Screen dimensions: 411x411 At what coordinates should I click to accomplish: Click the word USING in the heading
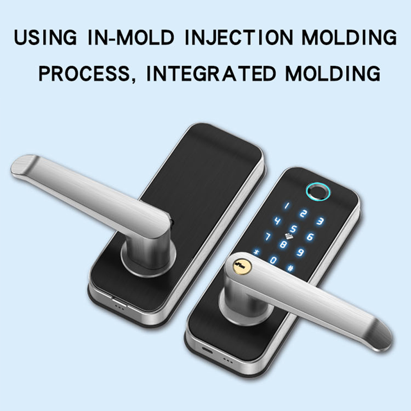tap(46, 37)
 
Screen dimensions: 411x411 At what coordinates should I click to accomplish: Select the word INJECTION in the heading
tap(239, 37)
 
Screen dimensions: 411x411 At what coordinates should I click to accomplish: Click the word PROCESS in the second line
tap(84, 74)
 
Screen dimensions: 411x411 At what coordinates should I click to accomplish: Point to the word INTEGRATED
tap(211, 74)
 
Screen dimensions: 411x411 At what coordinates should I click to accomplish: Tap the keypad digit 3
tap(319, 222)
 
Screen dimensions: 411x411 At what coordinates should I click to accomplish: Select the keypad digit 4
tap(277, 221)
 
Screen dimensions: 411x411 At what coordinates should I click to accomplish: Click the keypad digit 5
tap(294, 229)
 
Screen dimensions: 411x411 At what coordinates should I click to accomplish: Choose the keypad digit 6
tap(310, 237)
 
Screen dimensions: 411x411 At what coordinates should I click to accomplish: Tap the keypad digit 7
tap(268, 236)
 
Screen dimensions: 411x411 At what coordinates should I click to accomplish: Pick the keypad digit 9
tap(300, 252)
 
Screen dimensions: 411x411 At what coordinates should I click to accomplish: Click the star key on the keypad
tap(256, 252)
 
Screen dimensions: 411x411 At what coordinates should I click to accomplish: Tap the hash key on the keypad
tap(290, 268)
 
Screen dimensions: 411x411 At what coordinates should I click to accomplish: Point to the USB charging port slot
tap(208, 350)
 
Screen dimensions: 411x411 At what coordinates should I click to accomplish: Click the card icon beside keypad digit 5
tap(289, 237)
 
